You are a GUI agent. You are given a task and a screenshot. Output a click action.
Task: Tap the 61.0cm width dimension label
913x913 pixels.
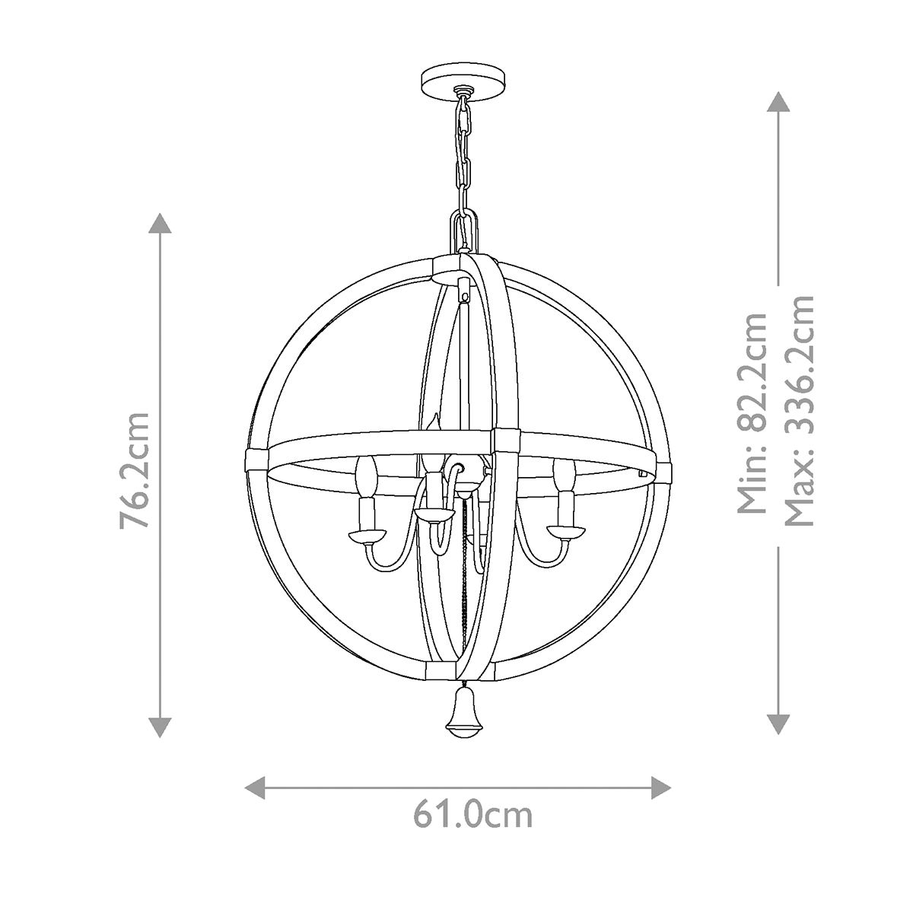click(472, 814)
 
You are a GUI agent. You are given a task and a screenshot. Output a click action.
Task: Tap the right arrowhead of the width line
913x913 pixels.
click(661, 787)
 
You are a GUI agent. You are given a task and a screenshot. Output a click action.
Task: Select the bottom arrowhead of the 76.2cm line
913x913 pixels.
click(159, 727)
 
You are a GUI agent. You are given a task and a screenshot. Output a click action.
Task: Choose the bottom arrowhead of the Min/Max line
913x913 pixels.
click(777, 724)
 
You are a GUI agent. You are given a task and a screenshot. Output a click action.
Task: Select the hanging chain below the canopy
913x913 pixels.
click(463, 152)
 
